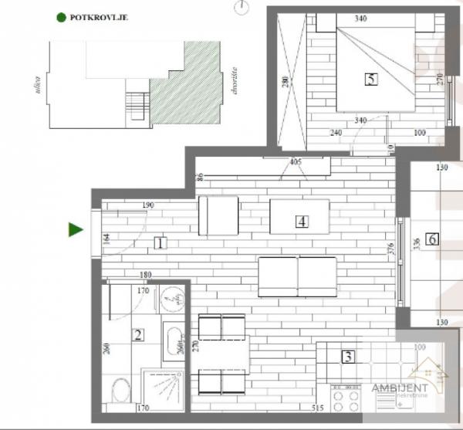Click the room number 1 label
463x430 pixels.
pos(160,243)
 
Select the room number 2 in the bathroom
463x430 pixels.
pos(138,335)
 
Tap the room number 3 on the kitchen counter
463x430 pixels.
pos(349,357)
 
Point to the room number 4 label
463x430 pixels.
pos(302,221)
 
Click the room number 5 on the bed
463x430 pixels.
pos(371,78)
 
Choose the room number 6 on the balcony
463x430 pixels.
pos(433,239)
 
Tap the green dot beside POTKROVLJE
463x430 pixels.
pos(61,15)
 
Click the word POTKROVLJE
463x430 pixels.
pos(99,15)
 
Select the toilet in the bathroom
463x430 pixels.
pos(120,391)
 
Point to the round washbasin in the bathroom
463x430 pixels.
pos(171,299)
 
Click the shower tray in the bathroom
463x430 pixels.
pos(164,387)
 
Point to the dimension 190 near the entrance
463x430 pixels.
pos(149,205)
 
